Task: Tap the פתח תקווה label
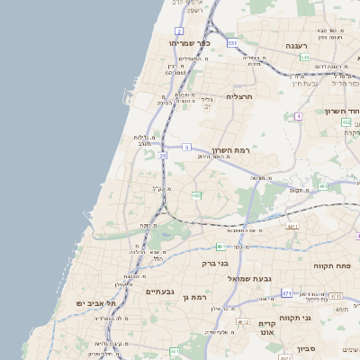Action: point(332,266)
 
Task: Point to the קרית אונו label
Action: point(267,328)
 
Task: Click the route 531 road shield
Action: point(232,42)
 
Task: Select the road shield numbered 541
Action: point(305,57)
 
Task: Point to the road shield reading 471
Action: point(287,293)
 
